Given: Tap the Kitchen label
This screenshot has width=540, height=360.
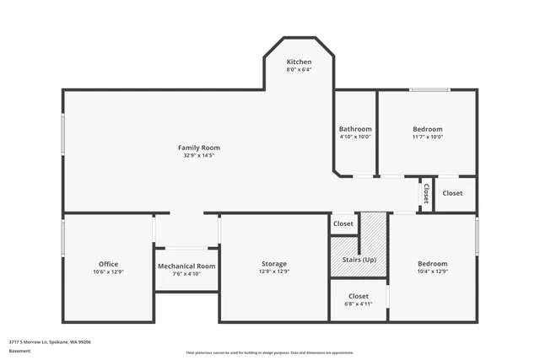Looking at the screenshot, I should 299,62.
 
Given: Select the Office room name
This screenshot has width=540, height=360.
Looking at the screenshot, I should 108,264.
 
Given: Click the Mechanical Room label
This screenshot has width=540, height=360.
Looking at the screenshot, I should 186,266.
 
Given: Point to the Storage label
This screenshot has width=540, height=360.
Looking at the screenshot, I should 273,264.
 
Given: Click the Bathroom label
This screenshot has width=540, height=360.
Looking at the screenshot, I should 355,129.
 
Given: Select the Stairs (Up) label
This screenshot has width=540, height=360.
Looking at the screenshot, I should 359,259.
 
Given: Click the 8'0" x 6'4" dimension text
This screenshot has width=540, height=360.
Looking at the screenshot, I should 299,69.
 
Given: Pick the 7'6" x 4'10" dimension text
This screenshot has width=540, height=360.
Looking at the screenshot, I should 186,273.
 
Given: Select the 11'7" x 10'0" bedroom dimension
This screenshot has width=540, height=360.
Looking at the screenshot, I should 427,137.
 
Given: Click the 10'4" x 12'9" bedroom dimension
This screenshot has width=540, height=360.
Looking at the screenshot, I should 432,271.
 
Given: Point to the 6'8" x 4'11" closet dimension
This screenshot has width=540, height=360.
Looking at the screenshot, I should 359,304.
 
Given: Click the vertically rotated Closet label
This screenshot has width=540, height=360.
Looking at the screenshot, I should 426,194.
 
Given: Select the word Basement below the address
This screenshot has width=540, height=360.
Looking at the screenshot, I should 19,350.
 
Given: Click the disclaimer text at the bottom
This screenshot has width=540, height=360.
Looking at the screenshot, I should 269,353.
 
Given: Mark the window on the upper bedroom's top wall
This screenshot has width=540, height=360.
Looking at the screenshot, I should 429,89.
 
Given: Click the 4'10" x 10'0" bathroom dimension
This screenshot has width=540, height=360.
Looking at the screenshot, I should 355,137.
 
